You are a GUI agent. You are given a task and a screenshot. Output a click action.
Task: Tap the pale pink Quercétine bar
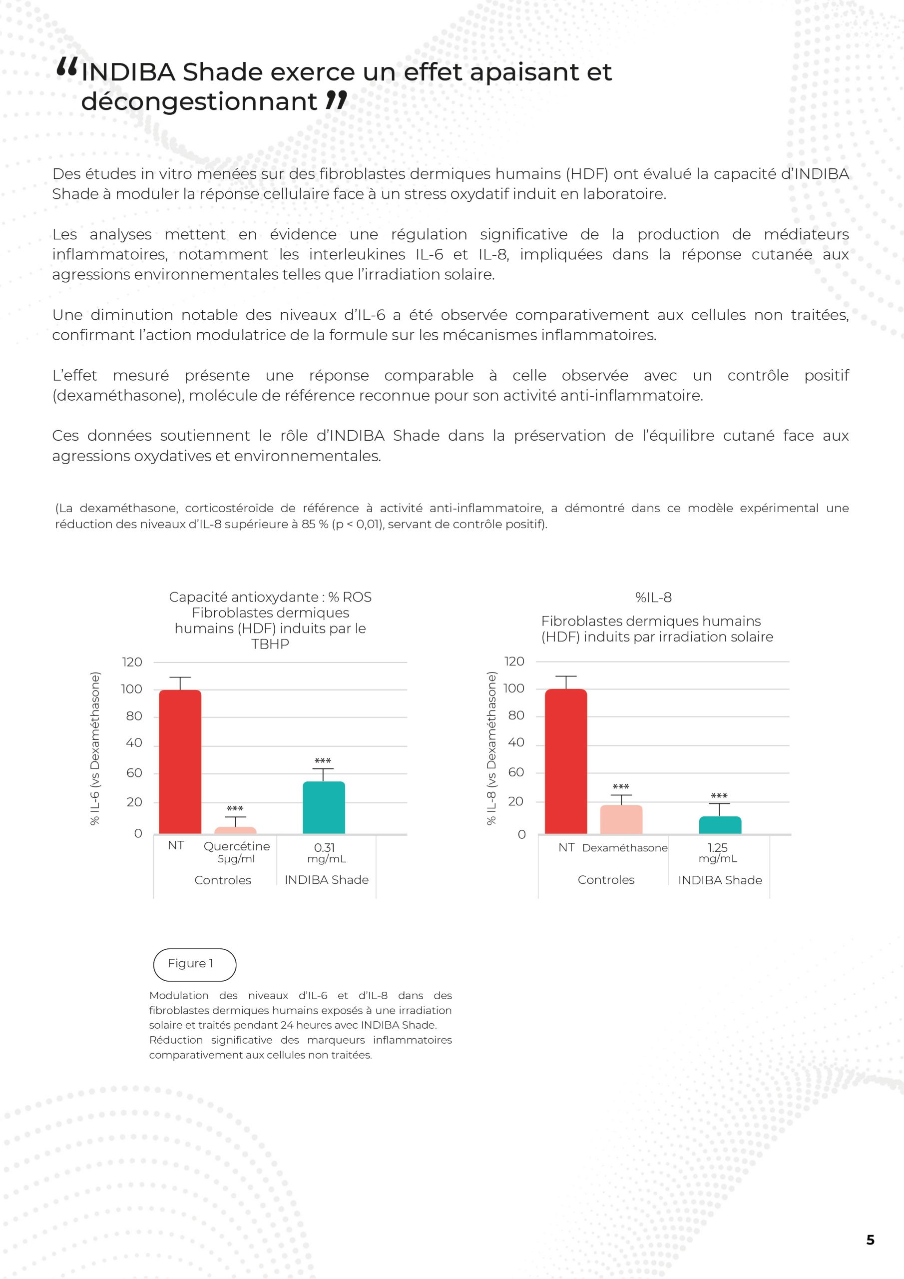click(x=235, y=830)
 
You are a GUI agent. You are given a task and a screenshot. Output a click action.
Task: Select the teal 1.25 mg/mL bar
click(x=720, y=825)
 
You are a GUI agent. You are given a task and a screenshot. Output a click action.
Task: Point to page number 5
click(x=870, y=1240)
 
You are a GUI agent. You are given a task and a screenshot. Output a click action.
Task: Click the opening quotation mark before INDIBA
click(x=67, y=68)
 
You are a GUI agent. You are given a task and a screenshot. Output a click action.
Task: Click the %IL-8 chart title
click(x=653, y=598)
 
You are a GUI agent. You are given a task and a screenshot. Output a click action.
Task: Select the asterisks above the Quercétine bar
click(x=235, y=809)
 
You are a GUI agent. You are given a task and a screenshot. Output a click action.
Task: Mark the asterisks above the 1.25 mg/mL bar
click(x=719, y=796)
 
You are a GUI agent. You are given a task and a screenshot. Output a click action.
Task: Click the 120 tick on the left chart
click(x=132, y=662)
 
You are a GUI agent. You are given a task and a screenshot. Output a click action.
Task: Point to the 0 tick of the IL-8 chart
click(x=521, y=834)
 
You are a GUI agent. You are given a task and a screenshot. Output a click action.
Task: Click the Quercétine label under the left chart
click(x=236, y=846)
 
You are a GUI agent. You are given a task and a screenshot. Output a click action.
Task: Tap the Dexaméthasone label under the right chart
click(x=624, y=848)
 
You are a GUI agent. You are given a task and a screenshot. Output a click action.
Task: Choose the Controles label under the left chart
click(x=222, y=880)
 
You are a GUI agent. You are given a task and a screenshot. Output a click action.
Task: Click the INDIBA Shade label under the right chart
click(x=720, y=880)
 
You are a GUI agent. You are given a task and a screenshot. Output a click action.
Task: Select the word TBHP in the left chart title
click(x=270, y=644)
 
